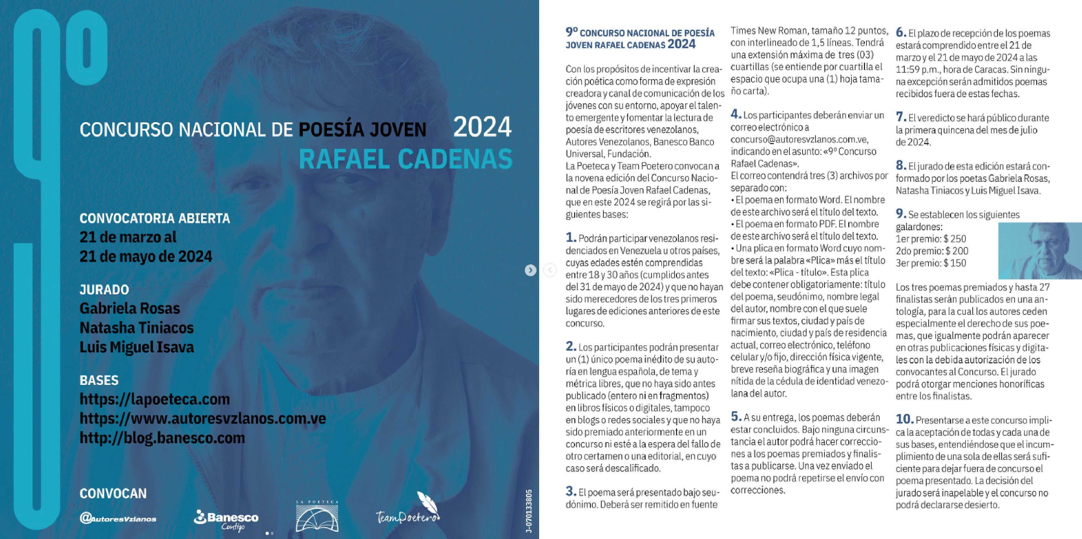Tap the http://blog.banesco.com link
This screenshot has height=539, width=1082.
[x=162, y=438]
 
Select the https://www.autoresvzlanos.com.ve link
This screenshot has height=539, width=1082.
[x=202, y=418]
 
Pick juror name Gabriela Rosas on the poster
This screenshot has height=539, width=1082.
[x=129, y=308]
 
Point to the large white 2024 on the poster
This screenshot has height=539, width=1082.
[x=482, y=127]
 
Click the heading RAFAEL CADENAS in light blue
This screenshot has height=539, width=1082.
[x=405, y=159]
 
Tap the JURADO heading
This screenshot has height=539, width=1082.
[x=104, y=290]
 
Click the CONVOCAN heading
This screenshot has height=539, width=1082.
[x=113, y=493]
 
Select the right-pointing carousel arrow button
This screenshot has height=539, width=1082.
[x=530, y=270]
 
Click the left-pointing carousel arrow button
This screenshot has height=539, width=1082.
[x=550, y=270]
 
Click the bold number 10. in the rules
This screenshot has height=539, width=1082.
[x=904, y=419]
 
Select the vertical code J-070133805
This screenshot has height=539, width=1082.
[x=529, y=510]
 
